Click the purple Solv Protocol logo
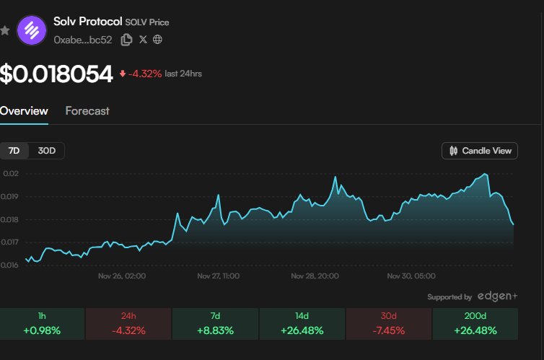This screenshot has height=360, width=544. (32, 30)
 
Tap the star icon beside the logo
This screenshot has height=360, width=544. (5, 31)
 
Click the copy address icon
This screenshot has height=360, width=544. (126, 40)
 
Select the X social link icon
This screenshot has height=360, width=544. (143, 40)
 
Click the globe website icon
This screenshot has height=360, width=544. (157, 40)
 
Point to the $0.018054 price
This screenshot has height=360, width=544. (56, 74)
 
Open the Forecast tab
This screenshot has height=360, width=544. (87, 111)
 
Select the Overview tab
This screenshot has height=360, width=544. (24, 111)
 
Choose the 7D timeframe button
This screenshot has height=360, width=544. (14, 151)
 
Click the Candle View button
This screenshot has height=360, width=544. (480, 151)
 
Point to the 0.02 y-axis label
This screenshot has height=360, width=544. (11, 174)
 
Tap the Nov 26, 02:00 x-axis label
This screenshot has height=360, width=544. (122, 276)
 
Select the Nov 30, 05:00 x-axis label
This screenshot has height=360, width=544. (411, 276)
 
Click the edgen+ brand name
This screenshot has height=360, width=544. (498, 296)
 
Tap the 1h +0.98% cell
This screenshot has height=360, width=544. (42, 323)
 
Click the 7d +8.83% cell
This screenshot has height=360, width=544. (215, 323)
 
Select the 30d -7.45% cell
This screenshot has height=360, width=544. (388, 323)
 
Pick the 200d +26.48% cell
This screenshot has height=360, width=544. (475, 323)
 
